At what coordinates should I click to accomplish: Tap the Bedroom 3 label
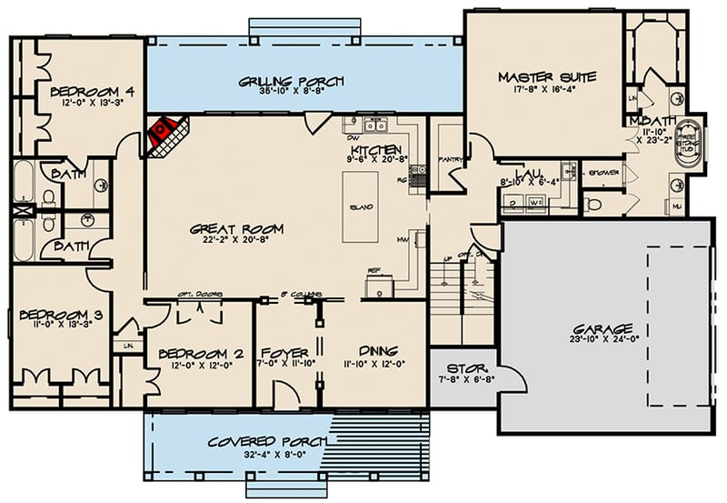click(x=51, y=316)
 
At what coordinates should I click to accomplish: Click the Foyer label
click(x=284, y=352)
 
